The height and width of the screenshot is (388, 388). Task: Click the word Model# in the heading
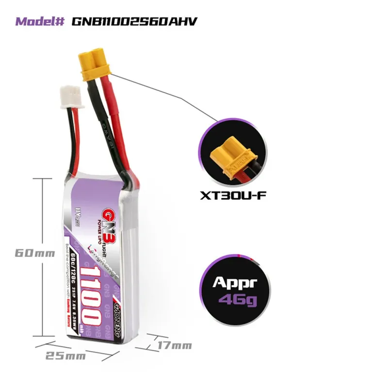(x=41, y=22)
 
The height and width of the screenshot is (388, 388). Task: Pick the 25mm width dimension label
(x=65, y=356)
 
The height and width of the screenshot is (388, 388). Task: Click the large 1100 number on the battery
(x=94, y=296)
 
